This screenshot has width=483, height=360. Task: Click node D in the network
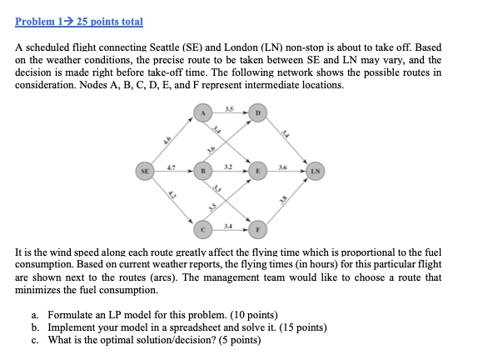[x=258, y=113]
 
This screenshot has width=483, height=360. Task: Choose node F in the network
[x=258, y=226]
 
